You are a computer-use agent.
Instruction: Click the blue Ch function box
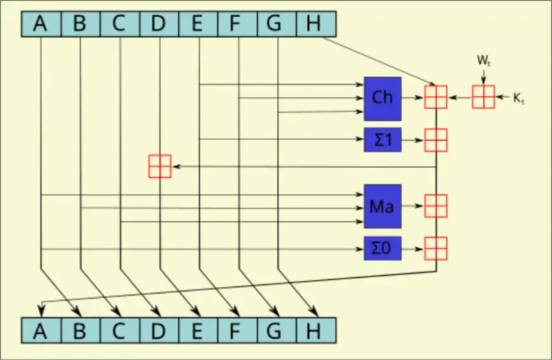(x=383, y=98)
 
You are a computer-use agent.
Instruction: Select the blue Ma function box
(x=383, y=206)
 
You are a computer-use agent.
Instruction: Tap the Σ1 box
(x=383, y=140)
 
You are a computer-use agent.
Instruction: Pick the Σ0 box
(x=383, y=247)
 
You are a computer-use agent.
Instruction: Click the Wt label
(x=484, y=62)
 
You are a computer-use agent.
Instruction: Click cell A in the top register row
(x=41, y=24)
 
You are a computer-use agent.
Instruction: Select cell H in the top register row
(x=315, y=24)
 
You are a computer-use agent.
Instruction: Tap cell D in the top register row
(x=159, y=24)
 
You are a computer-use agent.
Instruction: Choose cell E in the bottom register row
(x=197, y=330)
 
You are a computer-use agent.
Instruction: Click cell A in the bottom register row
(x=41, y=330)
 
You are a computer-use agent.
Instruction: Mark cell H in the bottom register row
(x=315, y=330)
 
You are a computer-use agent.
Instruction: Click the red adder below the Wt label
(x=483, y=97)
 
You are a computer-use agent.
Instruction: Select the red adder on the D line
(x=159, y=166)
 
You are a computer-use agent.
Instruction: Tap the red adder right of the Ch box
(x=436, y=97)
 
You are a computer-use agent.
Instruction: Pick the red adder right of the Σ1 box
(x=436, y=140)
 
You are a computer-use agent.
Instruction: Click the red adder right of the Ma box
(x=436, y=206)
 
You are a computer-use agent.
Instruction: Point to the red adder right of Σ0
(x=436, y=247)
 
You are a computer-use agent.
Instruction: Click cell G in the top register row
(x=276, y=24)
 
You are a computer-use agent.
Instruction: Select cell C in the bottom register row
(x=119, y=330)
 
